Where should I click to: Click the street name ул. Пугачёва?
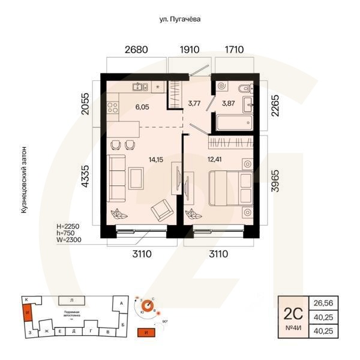pyautogui.click(x=179, y=19)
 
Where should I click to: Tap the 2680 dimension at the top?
pyautogui.click(x=136, y=50)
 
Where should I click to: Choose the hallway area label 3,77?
pyautogui.click(x=194, y=103)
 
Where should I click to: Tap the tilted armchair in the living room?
pyautogui.click(x=161, y=209)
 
